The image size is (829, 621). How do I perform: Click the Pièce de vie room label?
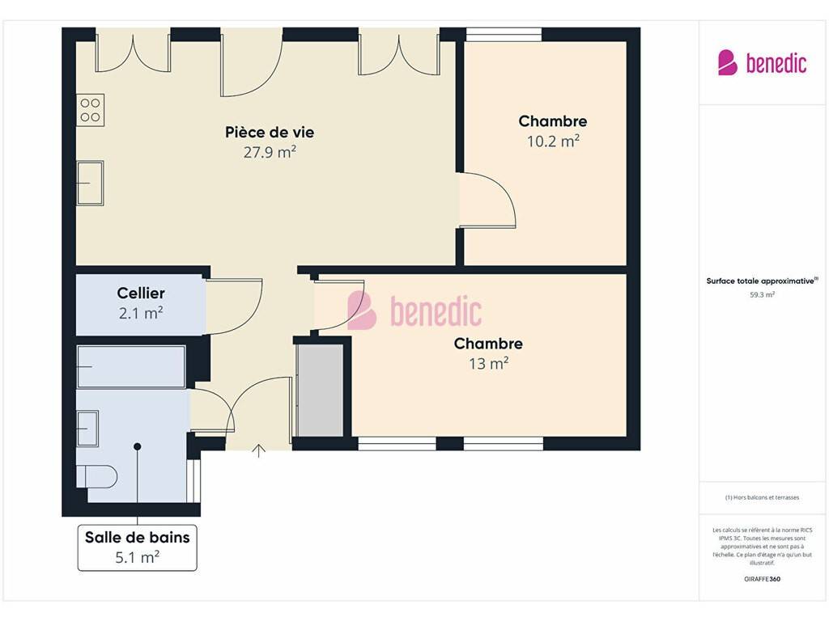click(x=270, y=132)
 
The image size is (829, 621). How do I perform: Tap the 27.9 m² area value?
click(x=270, y=152)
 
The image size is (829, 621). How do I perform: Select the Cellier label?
click(x=141, y=293)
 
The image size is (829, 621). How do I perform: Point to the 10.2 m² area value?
click(x=553, y=141)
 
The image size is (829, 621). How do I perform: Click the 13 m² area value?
click(x=488, y=363)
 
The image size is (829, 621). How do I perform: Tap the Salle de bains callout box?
click(x=138, y=547)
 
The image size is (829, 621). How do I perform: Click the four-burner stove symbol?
click(x=91, y=110)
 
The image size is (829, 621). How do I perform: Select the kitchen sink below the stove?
click(x=91, y=183)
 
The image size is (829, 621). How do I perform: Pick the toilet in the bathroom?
click(x=96, y=476)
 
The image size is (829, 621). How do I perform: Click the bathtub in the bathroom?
click(x=131, y=367)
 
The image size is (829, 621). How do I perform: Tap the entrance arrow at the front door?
click(x=258, y=451)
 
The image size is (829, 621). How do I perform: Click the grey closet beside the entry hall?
click(x=319, y=391)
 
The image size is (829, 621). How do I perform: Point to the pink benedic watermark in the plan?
click(x=414, y=310)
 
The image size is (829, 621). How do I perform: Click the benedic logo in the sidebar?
click(x=762, y=63)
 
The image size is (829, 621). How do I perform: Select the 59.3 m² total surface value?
click(x=762, y=294)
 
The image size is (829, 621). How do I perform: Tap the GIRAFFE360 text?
click(x=762, y=579)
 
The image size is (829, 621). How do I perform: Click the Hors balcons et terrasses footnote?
click(x=762, y=497)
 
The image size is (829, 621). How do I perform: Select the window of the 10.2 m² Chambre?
click(x=504, y=34)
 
